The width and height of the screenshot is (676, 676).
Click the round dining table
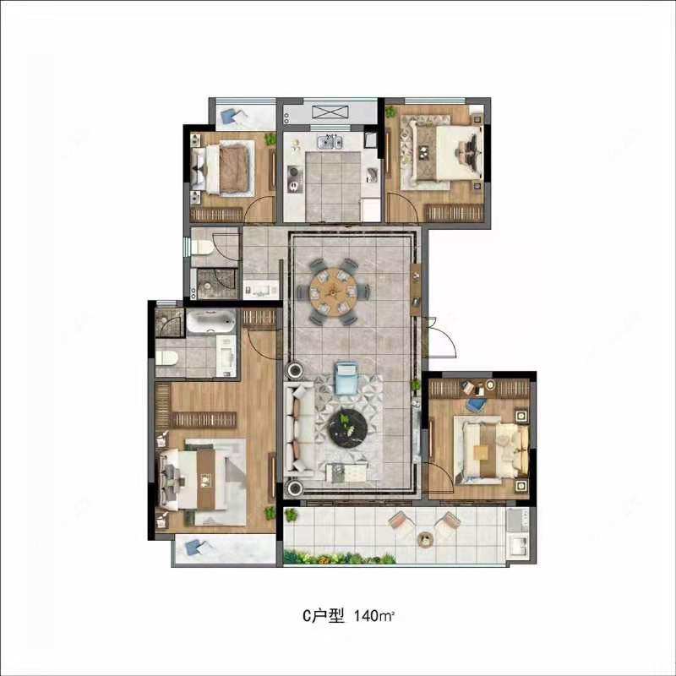[x=333, y=292]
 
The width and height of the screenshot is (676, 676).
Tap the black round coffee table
[x=348, y=427]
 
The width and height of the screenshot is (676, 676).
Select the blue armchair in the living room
[x=346, y=378]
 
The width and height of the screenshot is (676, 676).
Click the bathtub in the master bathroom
[x=211, y=321]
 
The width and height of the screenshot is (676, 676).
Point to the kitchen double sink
[x=330, y=141]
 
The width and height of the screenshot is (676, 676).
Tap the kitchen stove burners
[x=295, y=179]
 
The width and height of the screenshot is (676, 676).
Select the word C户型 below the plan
[x=324, y=616]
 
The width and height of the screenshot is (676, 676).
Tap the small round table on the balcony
[x=426, y=539]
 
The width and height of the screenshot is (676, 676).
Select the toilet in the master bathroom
[x=167, y=357]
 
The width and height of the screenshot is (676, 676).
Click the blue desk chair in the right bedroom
[x=477, y=405]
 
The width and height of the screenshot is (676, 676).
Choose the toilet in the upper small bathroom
[x=202, y=248]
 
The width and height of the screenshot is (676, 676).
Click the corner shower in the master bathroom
[x=170, y=323]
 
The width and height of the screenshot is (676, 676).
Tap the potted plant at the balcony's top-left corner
[x=291, y=515]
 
